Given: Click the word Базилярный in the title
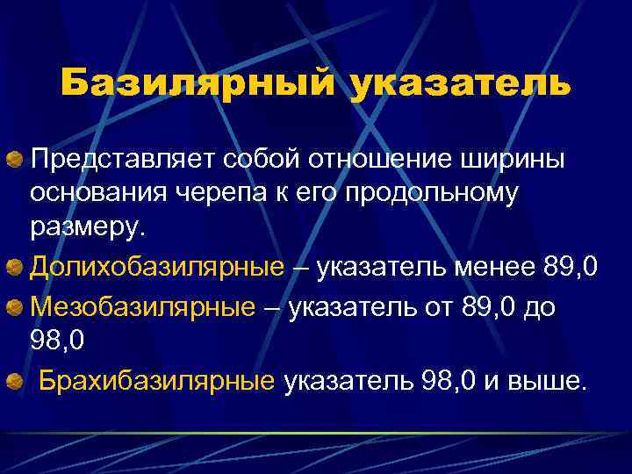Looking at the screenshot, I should [197, 84].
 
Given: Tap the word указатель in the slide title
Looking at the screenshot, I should [460, 84].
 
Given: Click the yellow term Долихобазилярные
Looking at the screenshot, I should [158, 266].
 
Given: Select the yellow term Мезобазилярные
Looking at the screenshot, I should [143, 306].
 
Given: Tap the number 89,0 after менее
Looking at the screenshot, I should [571, 266].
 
